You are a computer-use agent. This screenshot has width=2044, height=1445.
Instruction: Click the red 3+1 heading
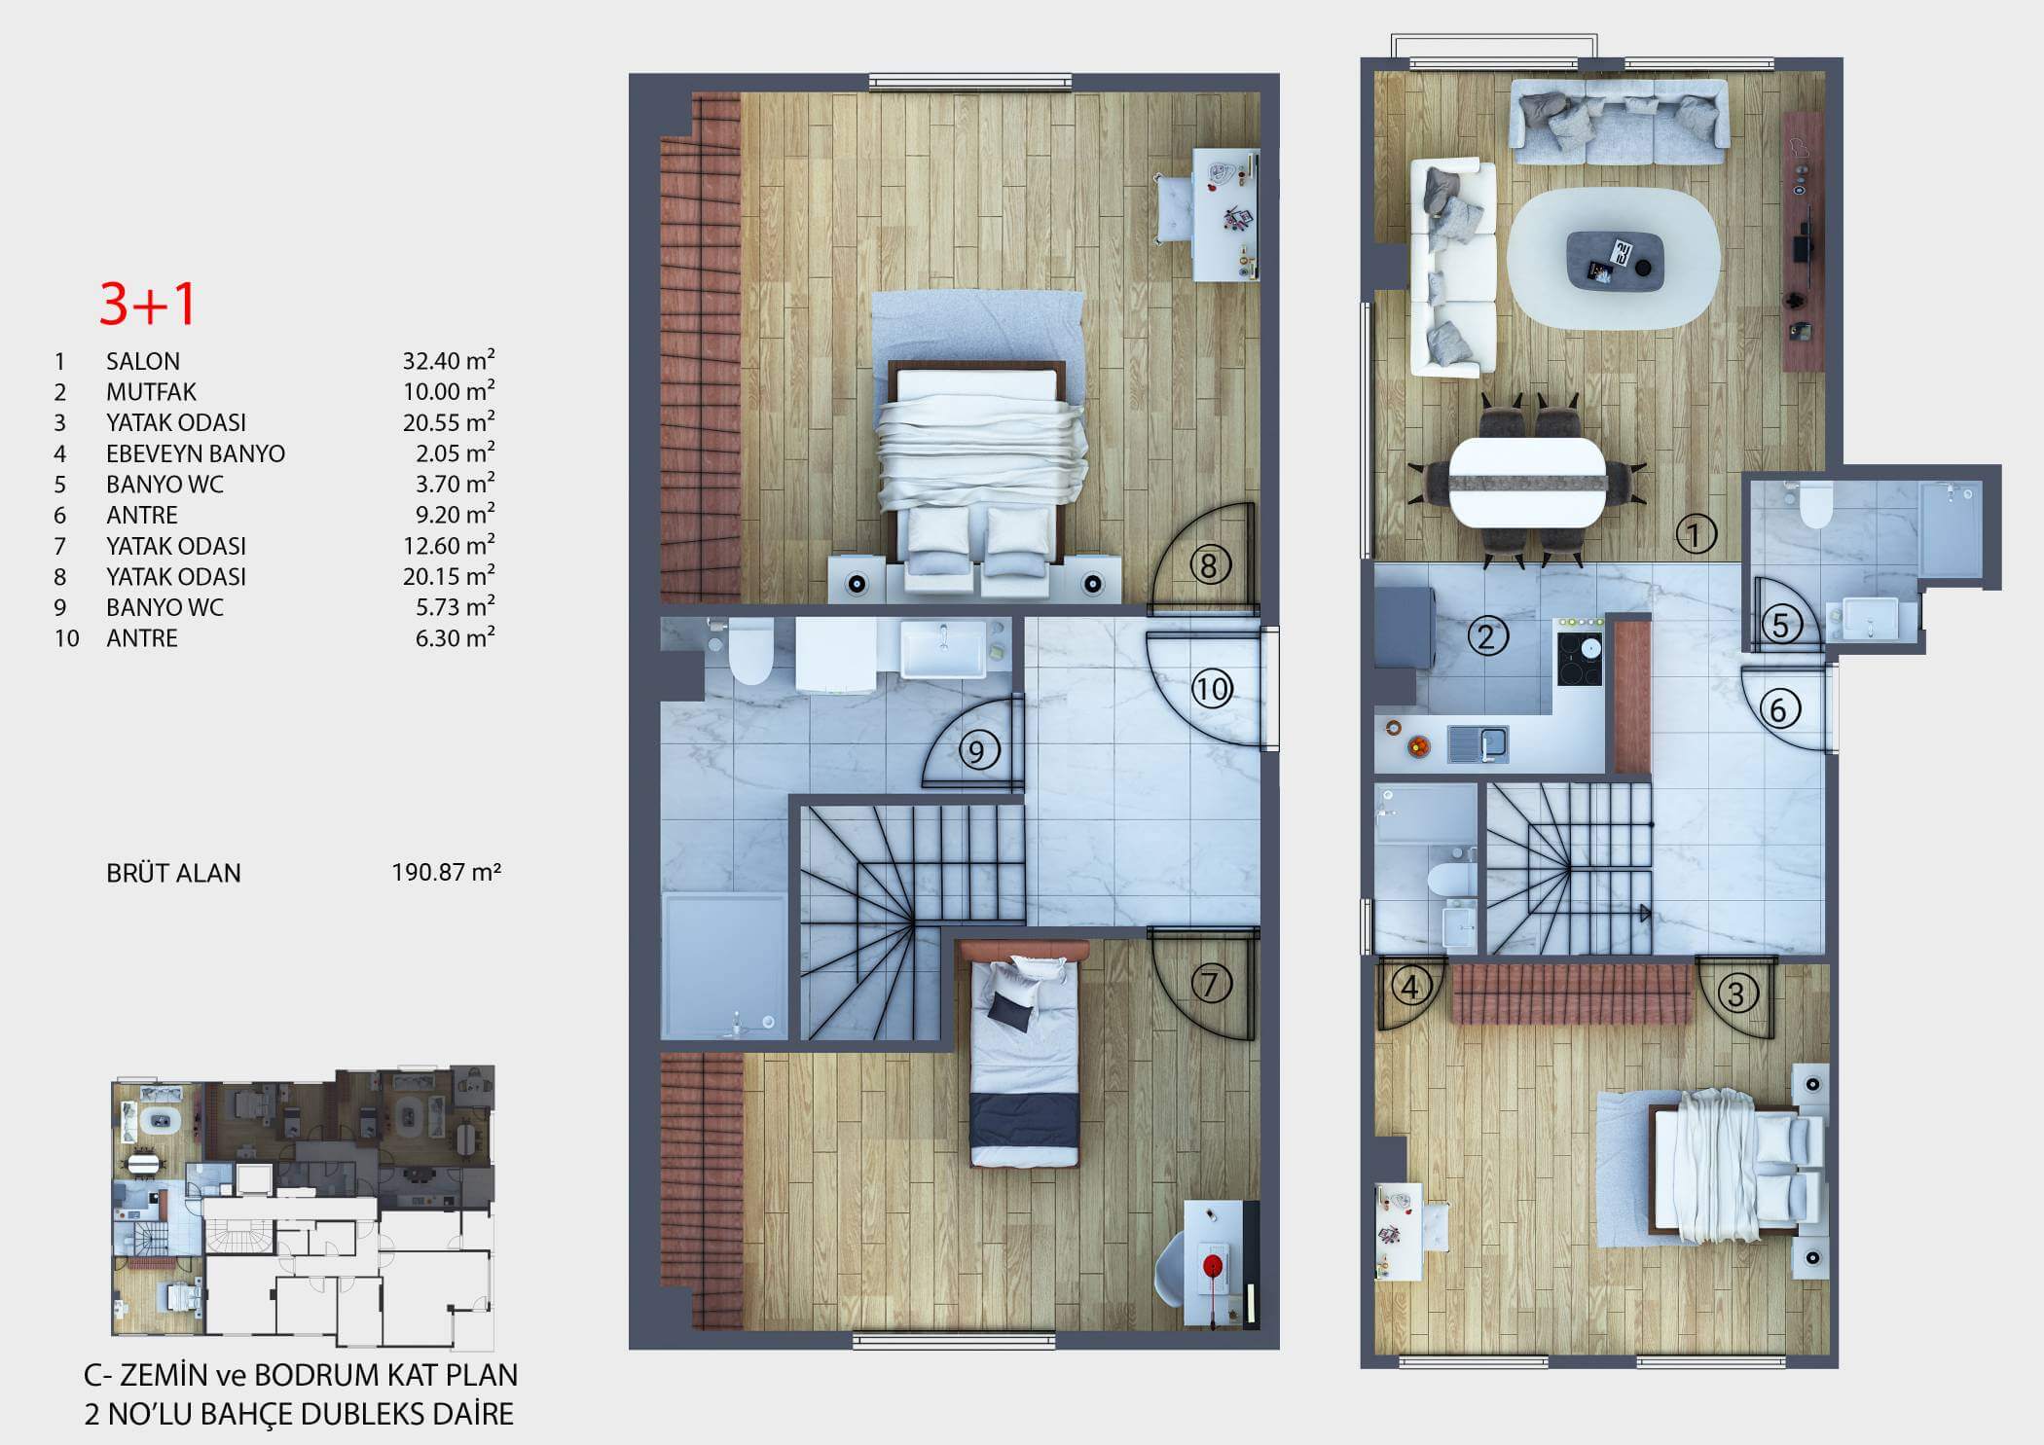point(148,304)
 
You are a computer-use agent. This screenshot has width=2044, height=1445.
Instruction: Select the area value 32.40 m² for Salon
point(449,360)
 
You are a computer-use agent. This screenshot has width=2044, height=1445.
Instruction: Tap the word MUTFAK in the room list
point(151,391)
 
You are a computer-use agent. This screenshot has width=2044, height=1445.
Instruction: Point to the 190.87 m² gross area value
point(446,872)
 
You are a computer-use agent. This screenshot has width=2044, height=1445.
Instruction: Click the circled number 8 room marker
point(1209,565)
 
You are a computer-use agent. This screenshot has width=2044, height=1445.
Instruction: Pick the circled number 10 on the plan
point(1212,690)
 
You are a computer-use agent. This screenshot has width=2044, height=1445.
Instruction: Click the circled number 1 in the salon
point(1696,533)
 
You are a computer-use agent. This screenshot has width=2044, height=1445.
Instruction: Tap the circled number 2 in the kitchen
point(1485,637)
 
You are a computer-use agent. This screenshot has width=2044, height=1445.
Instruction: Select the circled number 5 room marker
point(1780,625)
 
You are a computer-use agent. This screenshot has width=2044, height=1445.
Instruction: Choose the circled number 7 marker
point(1210,984)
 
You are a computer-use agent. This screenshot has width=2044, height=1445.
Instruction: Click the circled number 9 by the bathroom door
point(978,750)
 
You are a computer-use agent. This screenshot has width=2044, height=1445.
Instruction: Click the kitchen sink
point(1478,744)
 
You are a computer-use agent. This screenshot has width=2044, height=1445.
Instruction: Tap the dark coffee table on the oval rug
point(1613,260)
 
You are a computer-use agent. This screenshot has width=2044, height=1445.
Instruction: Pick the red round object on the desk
point(1213,1266)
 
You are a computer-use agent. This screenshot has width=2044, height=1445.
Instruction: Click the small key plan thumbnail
point(303,1207)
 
